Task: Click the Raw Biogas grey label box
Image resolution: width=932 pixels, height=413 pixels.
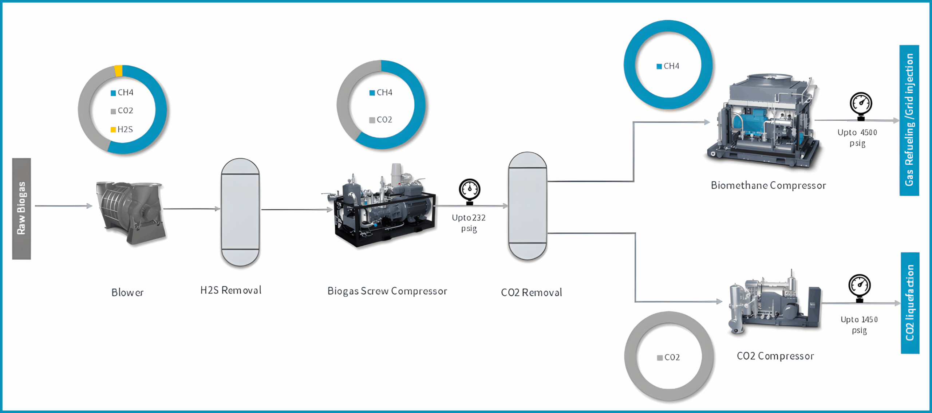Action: (21, 209)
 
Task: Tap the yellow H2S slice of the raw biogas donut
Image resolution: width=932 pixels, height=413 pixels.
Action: (118, 71)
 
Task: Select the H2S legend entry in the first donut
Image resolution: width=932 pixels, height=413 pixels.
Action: (122, 129)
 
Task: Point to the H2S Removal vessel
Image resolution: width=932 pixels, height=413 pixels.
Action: (240, 212)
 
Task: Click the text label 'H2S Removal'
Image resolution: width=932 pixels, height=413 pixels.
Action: (231, 290)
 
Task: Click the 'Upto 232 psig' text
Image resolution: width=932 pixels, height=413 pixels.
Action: (469, 223)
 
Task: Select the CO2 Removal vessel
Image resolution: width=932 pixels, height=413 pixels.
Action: (528, 206)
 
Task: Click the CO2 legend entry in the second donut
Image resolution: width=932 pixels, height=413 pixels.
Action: (381, 120)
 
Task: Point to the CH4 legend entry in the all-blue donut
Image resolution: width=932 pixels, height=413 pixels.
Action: (668, 66)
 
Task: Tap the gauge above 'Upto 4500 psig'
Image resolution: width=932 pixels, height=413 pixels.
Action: (861, 104)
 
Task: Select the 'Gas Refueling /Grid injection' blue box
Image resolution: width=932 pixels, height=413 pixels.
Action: (909, 120)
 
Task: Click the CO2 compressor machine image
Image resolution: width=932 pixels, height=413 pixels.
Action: (774, 302)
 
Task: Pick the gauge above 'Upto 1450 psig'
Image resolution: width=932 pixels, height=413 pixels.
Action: (860, 286)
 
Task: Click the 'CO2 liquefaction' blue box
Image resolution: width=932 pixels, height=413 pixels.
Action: (910, 303)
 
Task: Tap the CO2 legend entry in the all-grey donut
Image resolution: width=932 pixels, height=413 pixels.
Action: (669, 358)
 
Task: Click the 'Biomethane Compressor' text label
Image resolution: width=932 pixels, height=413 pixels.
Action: (768, 185)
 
